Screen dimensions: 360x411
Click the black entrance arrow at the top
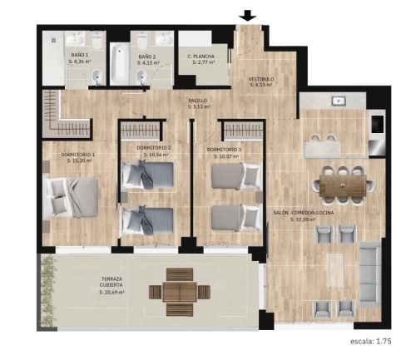click(247, 15)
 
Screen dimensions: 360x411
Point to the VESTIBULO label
click(260, 80)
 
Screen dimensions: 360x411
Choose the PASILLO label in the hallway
click(197, 101)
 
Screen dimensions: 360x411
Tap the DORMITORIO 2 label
click(153, 147)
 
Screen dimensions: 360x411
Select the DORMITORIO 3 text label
click(225, 148)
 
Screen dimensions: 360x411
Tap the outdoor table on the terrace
click(173, 291)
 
